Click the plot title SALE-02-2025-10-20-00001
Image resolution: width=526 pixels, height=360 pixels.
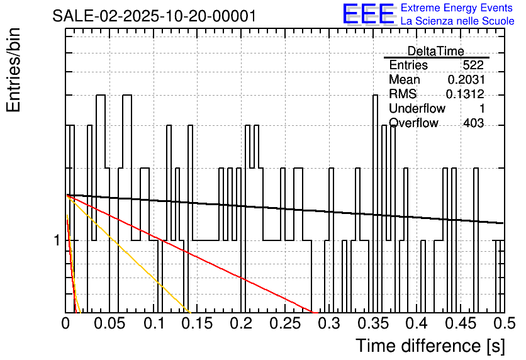point(154,16)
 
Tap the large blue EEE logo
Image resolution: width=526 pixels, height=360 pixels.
point(368,14)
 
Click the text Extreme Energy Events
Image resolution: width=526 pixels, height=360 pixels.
point(457,8)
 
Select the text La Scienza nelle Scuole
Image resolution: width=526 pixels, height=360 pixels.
point(457,21)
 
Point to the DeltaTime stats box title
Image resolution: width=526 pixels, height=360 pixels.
point(435,51)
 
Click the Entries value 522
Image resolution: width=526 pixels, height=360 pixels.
point(473,65)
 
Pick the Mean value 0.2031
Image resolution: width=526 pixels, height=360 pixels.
point(466,80)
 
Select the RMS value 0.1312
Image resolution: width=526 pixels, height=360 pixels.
point(464,94)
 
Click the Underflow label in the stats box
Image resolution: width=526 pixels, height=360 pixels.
point(417,109)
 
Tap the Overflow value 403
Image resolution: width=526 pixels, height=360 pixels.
point(473,123)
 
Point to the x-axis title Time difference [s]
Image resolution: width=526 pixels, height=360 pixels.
point(430,346)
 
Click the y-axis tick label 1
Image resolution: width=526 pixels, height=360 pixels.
point(56,241)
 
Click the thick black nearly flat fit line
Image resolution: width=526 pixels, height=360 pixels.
point(283,208)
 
